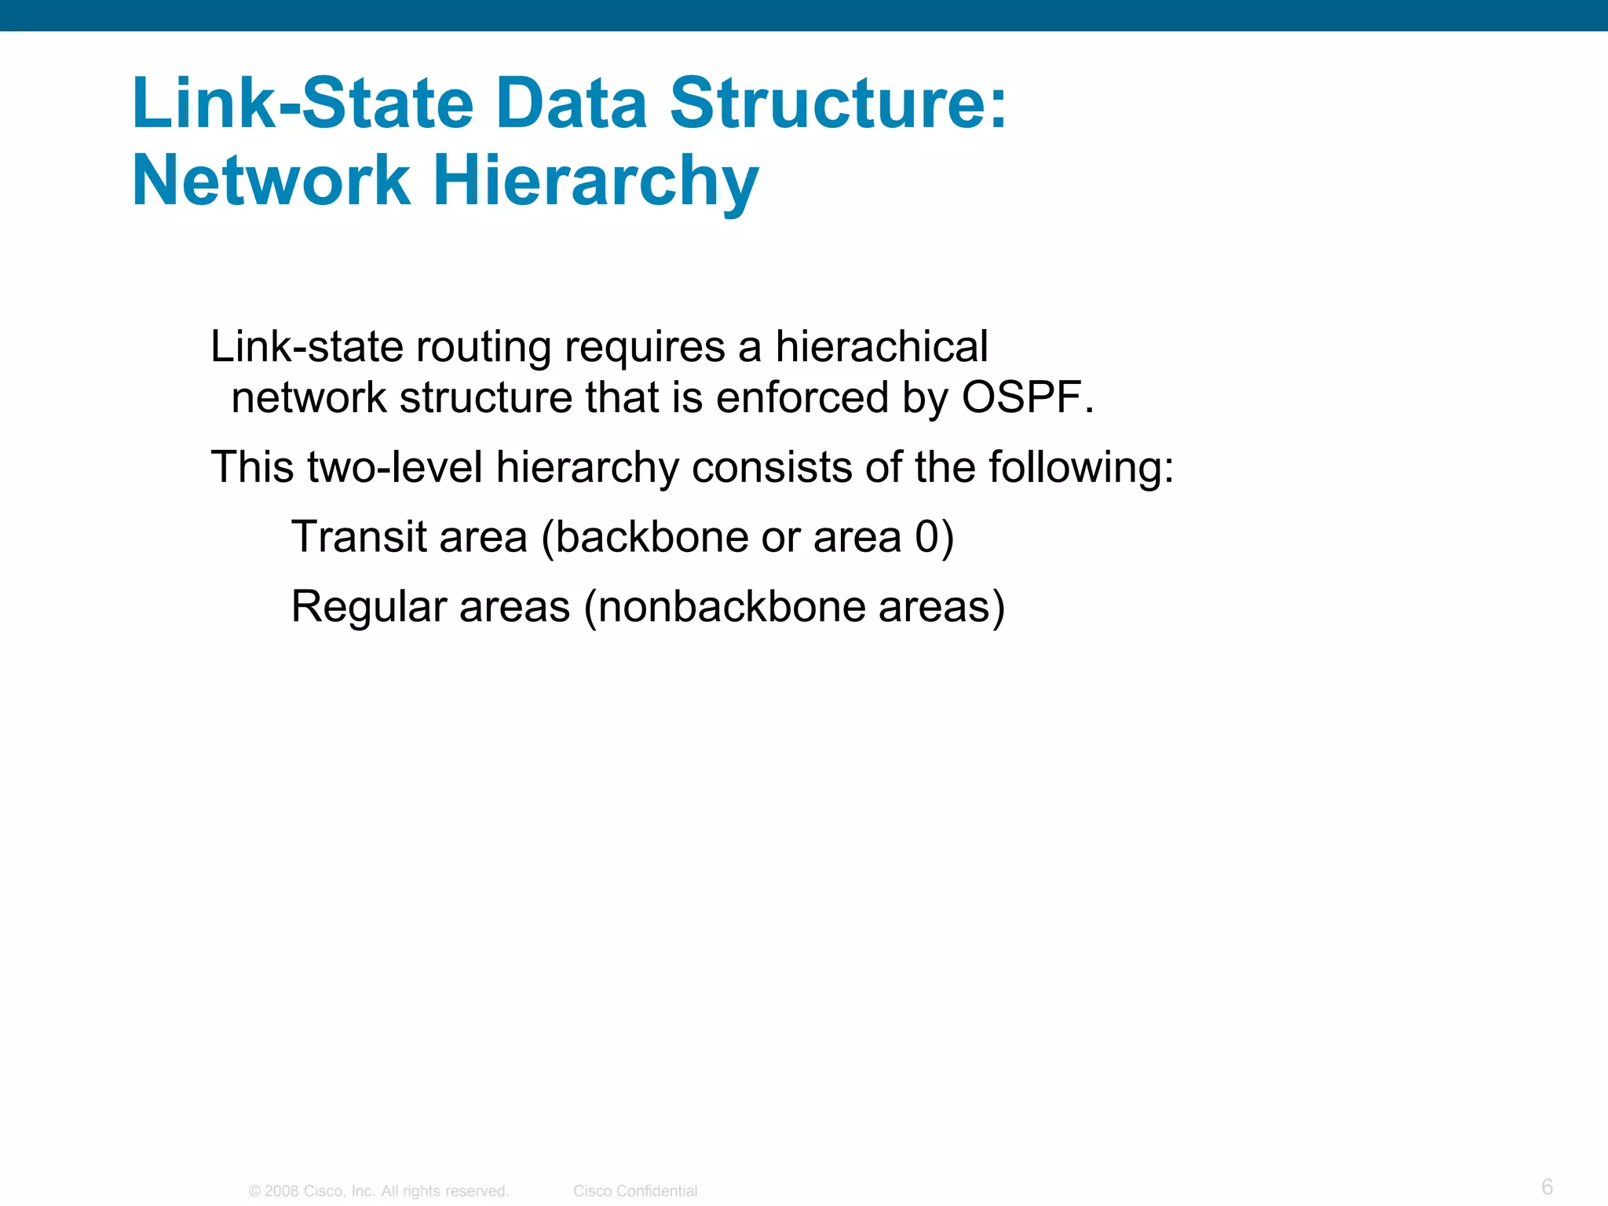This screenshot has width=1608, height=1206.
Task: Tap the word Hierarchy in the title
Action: pyautogui.click(x=596, y=181)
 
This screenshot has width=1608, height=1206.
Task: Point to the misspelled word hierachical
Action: pyautogui.click(x=881, y=346)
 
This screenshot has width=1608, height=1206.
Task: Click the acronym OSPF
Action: pyautogui.click(x=1021, y=397)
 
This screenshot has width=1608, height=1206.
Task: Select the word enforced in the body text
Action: pyautogui.click(x=802, y=397)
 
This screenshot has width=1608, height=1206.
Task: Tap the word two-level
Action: pyautogui.click(x=395, y=467)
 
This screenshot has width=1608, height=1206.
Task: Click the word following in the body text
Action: pyautogui.click(x=1080, y=467)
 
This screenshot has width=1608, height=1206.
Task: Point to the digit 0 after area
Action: pyautogui.click(x=926, y=537)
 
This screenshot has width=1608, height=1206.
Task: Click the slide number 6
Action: pyautogui.click(x=1547, y=1186)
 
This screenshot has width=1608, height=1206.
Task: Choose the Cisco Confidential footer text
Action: pyautogui.click(x=635, y=1191)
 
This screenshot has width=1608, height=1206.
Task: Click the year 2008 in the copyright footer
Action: pyautogui.click(x=282, y=1191)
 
